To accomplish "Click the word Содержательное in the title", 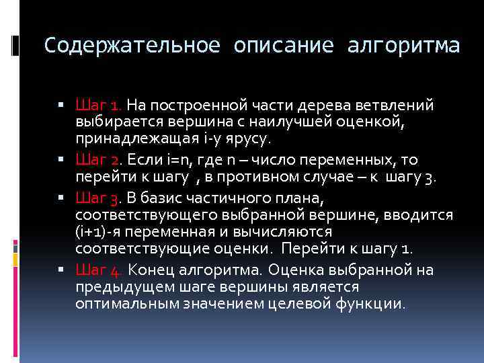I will pos(132,46).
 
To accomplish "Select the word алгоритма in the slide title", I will pos(403,46).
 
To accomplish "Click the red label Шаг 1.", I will pos(99,106).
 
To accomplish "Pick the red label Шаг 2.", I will pos(99,159).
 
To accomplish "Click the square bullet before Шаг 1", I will pos(61,106).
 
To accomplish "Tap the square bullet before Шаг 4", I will pos(61,270).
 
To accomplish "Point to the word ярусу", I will pos(247,140).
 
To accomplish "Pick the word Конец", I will pos(151,270).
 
